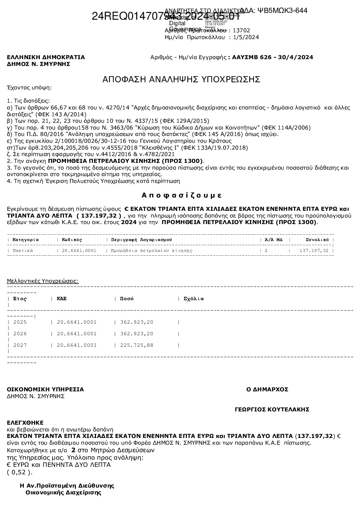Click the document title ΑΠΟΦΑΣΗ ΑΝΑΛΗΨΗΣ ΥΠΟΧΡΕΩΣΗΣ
181,80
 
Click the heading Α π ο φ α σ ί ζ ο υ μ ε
182,196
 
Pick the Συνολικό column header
317,240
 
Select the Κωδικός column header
72,240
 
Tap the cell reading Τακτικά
23,251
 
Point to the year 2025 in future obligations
20,322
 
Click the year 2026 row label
20,334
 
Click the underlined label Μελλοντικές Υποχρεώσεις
43,281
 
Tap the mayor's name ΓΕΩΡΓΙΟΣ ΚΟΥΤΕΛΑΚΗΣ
272,409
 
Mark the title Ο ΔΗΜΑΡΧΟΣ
267,389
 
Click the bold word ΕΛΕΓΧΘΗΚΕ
25,423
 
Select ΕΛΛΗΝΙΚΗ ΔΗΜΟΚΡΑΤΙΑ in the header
46,57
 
